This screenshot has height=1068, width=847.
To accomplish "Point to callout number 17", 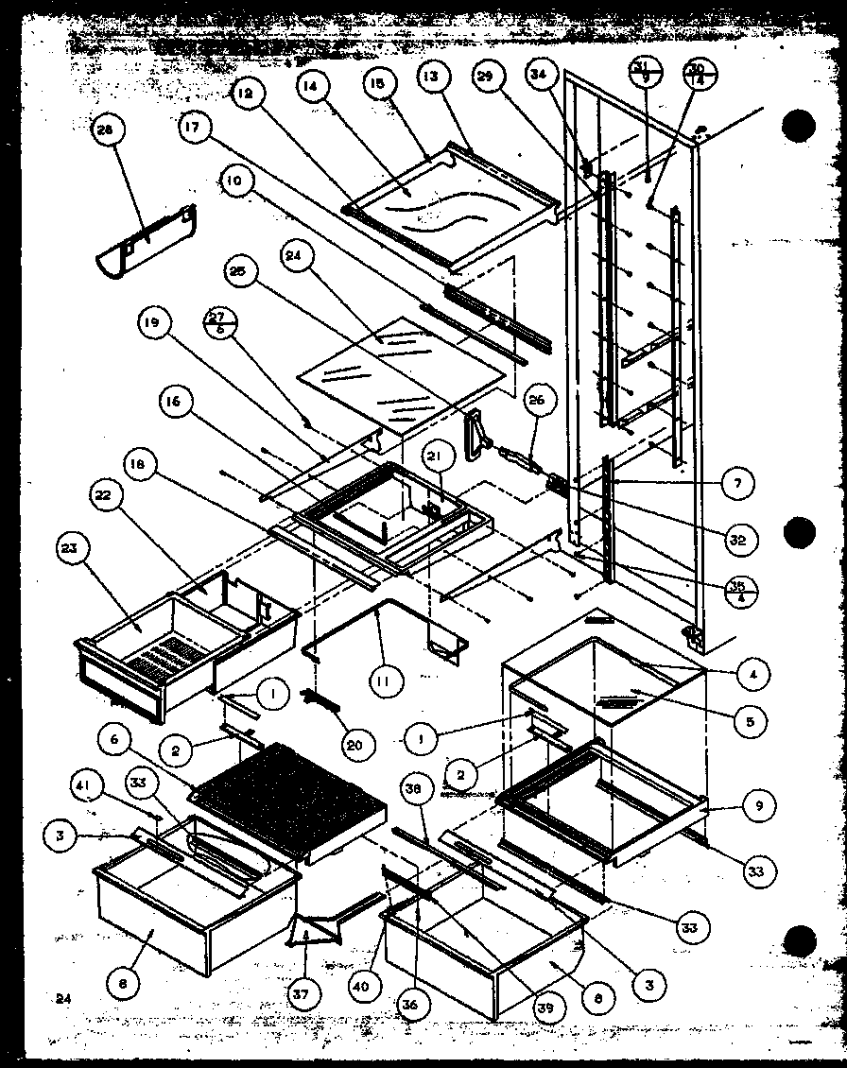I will (191, 130).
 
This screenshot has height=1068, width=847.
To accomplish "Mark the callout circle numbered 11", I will (389, 679).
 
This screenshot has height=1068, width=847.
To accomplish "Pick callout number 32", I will (738, 540).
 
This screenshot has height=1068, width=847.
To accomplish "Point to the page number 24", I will (62, 997).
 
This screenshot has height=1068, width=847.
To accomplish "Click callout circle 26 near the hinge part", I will (536, 401).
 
